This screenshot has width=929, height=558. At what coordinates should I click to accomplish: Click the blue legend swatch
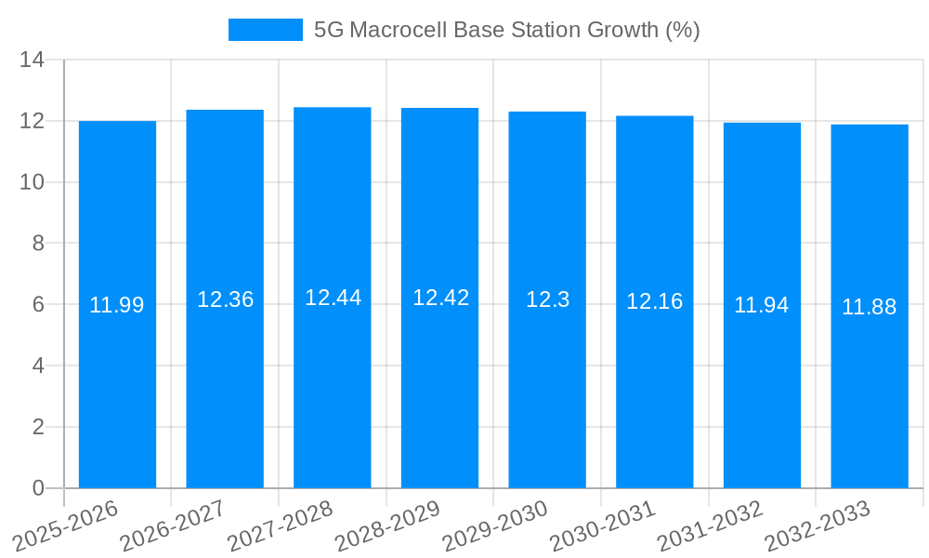pyautogui.click(x=266, y=30)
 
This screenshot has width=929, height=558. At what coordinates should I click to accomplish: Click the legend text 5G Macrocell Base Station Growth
pyautogui.click(x=506, y=30)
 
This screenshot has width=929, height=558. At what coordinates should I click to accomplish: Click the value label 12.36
pyautogui.click(x=225, y=299)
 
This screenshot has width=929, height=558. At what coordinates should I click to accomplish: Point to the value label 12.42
pyautogui.click(x=440, y=298)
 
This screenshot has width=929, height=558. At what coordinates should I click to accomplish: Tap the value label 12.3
pyautogui.click(x=547, y=299)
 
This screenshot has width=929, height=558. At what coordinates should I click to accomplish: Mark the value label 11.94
pyautogui.click(x=762, y=305)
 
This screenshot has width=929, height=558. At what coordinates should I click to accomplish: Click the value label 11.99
pyautogui.click(x=117, y=305)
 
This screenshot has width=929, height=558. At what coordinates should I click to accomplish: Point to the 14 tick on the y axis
pyautogui.click(x=33, y=60)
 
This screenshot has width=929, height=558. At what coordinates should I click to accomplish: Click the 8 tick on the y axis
pyautogui.click(x=38, y=244)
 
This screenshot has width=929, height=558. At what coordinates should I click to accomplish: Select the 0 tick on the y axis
pyautogui.click(x=38, y=488)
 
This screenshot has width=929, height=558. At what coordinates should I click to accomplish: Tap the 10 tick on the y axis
pyautogui.click(x=33, y=182)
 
